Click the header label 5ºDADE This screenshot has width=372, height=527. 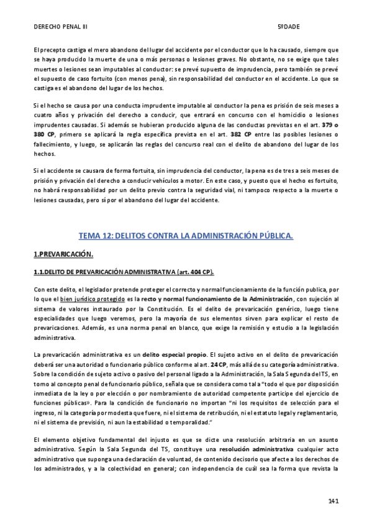pyautogui.click(x=288, y=27)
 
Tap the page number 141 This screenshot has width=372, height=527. pyautogui.click(x=332, y=500)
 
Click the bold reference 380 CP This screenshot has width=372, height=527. pyautogui.click(x=44, y=135)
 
